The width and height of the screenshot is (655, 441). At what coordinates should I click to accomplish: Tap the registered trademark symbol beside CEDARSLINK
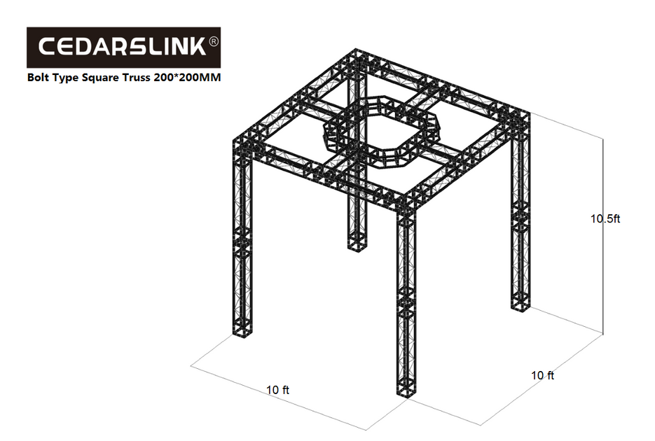(214, 42)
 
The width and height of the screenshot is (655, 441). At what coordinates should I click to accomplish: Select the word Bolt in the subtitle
(39, 78)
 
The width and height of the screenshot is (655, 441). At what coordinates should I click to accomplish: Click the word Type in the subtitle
(69, 78)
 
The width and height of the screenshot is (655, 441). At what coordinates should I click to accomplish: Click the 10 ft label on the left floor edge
(277, 390)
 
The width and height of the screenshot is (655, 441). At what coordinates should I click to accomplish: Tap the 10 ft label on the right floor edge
(542, 376)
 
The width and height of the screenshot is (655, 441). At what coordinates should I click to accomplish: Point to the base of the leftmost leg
(243, 333)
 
